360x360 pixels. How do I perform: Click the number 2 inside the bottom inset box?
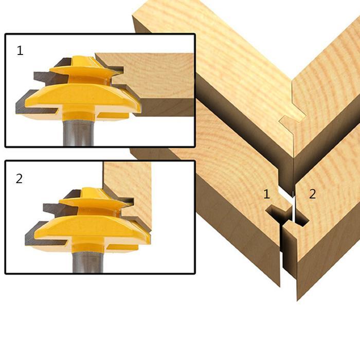pos(20,178)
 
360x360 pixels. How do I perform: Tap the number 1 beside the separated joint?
pos(266,194)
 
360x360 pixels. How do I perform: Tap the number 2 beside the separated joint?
pos(312,194)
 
